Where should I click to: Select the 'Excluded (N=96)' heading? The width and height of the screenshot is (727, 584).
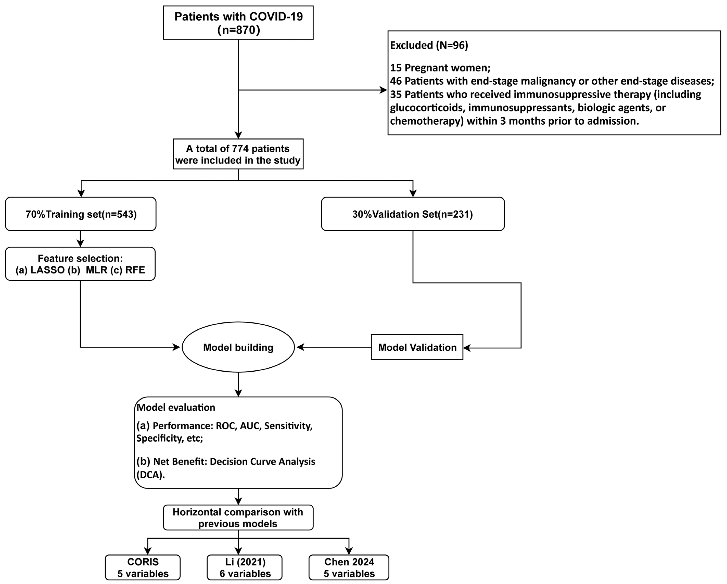click(429, 45)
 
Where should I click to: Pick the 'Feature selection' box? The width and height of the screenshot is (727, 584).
click(80, 264)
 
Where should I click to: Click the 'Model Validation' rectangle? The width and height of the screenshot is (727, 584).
click(417, 347)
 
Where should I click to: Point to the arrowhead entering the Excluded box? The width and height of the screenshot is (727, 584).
click(384, 90)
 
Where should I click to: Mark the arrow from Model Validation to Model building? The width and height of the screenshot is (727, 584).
click(334, 347)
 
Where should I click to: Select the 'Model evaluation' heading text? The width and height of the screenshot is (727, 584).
click(176, 408)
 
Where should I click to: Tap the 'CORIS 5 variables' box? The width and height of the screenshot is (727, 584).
click(143, 567)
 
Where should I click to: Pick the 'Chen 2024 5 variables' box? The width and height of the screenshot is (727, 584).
click(349, 567)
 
